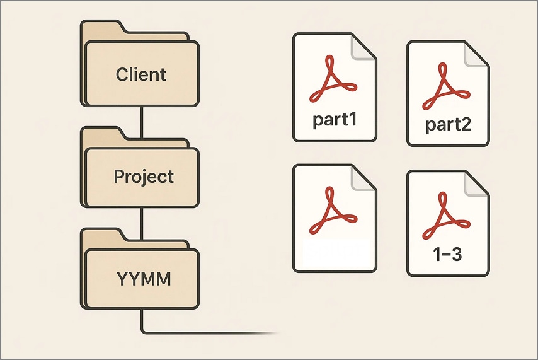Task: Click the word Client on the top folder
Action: click(141, 74)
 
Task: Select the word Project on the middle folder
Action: click(143, 177)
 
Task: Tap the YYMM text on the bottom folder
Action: click(143, 279)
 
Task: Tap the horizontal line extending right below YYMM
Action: click(208, 332)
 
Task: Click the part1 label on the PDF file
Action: click(335, 119)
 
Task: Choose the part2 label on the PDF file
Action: click(448, 125)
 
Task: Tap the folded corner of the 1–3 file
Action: click(477, 183)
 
